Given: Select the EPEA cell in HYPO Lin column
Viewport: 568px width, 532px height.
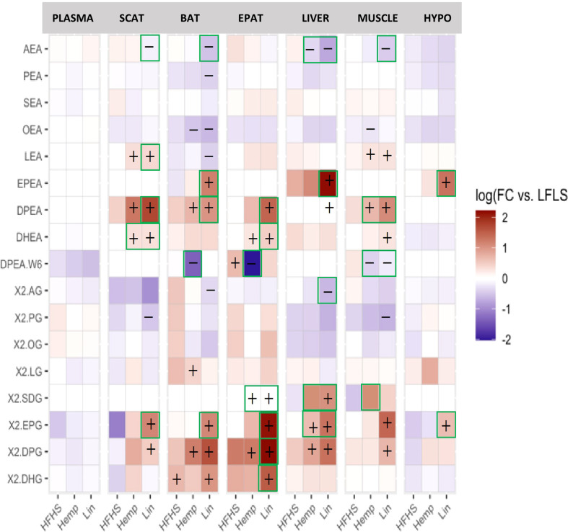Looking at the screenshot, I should (447, 182).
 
